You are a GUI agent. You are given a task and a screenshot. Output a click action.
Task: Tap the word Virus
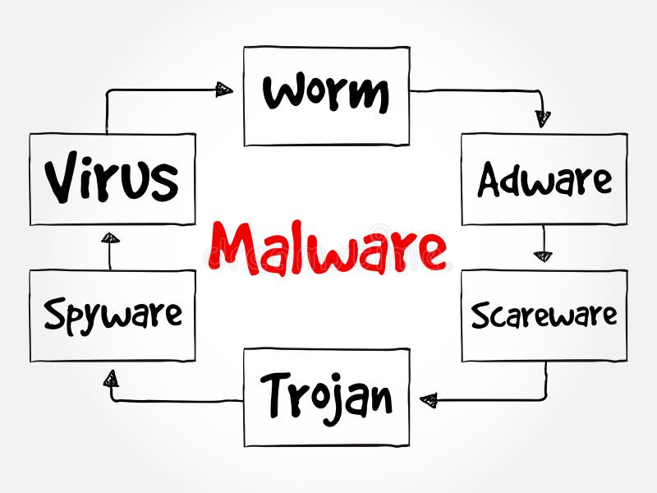(x=112, y=179)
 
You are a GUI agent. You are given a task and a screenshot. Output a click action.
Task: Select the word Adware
(x=544, y=180)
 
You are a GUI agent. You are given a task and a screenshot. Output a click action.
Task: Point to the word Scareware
(x=544, y=316)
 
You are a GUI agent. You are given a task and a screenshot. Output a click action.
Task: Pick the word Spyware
(x=113, y=316)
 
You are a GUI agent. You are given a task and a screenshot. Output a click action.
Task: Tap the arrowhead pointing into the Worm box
(x=225, y=90)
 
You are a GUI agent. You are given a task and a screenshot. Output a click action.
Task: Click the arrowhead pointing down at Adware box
(x=543, y=119)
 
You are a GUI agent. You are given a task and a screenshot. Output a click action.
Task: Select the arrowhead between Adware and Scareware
(x=543, y=256)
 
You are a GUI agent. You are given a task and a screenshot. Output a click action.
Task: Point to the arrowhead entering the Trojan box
(x=428, y=400)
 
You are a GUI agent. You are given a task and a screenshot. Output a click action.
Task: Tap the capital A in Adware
(x=489, y=180)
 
